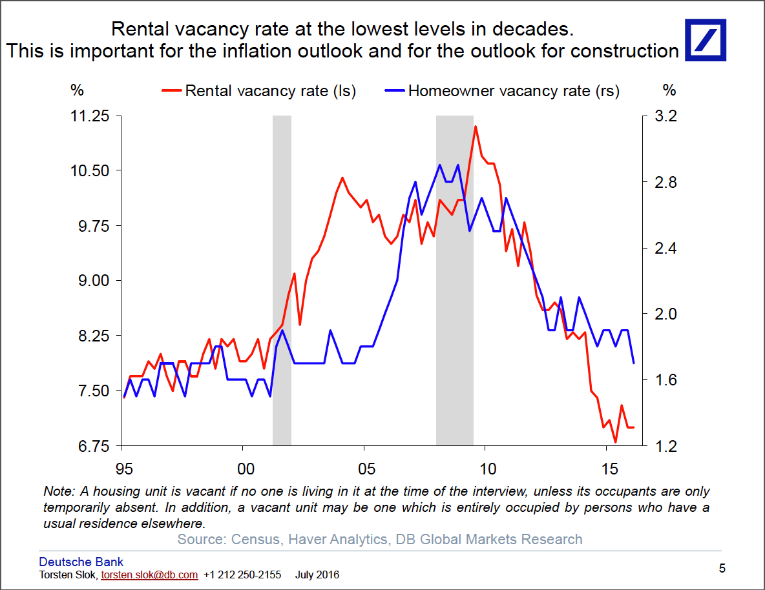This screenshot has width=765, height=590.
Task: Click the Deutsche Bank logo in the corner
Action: (705, 40)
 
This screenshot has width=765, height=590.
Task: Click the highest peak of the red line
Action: (476, 127)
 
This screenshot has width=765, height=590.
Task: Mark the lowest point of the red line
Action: (616, 442)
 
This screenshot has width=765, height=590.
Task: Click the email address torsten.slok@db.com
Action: (149, 575)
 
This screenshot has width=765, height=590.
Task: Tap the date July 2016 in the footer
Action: (317, 575)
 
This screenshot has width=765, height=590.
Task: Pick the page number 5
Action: (722, 569)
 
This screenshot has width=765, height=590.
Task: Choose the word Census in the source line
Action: (254, 539)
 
